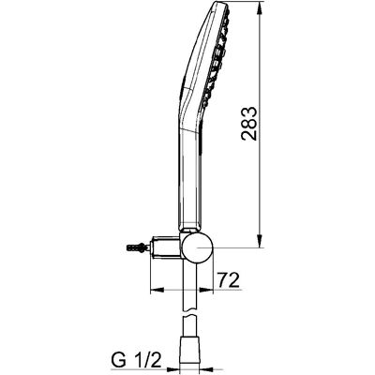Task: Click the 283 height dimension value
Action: coord(249,124)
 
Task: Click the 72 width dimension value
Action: coord(229,280)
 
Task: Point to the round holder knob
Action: coord(198,247)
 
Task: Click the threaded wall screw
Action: coord(138,247)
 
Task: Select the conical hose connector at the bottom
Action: coord(189,355)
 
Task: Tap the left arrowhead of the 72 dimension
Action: coord(157,290)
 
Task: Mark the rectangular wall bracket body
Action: coord(166,247)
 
